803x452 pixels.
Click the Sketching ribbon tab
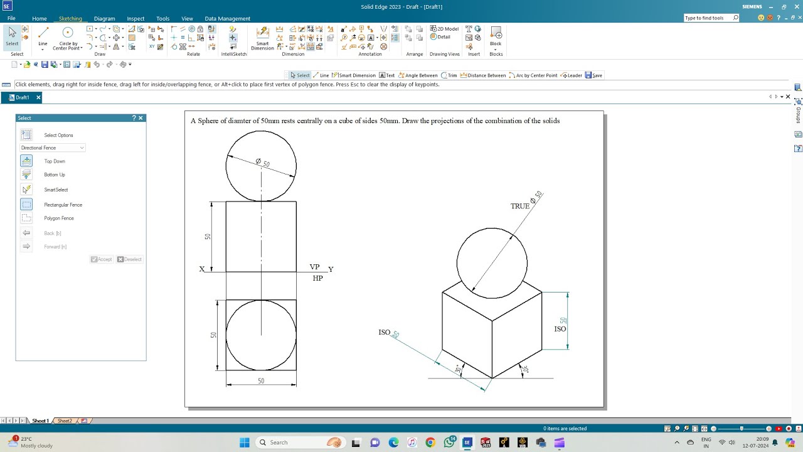coord(70,19)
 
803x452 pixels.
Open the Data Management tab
coord(227,19)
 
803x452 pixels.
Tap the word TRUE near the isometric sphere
coord(519,207)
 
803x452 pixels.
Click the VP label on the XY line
coord(314,267)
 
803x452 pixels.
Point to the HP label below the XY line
coord(317,278)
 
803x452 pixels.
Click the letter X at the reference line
coord(202,269)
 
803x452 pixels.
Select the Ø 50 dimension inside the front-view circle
coord(263,163)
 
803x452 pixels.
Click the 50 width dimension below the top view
coord(261,381)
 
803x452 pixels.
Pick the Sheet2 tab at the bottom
coord(65,421)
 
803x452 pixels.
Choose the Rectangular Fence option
coord(63,205)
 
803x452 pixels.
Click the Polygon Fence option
coord(59,218)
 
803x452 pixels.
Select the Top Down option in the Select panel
coord(54,161)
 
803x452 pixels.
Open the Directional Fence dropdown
coord(53,148)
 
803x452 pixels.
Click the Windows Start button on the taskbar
coord(245,443)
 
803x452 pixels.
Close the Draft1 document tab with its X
coord(38,97)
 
